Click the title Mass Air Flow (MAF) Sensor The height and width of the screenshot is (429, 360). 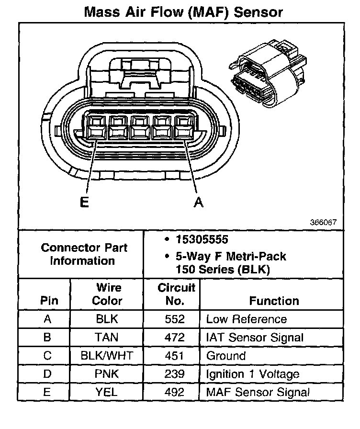[183, 11]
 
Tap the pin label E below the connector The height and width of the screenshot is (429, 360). [84, 203]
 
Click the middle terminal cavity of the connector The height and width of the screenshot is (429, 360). [140, 127]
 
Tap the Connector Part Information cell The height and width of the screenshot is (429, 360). [84, 254]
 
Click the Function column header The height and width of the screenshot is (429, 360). [274, 301]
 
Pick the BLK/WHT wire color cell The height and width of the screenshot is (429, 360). [107, 356]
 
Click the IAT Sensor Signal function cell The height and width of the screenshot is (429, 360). [254, 337]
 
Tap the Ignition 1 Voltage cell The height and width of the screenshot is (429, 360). [252, 374]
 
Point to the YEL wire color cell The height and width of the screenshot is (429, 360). [107, 392]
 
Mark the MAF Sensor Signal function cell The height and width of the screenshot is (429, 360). [258, 392]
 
